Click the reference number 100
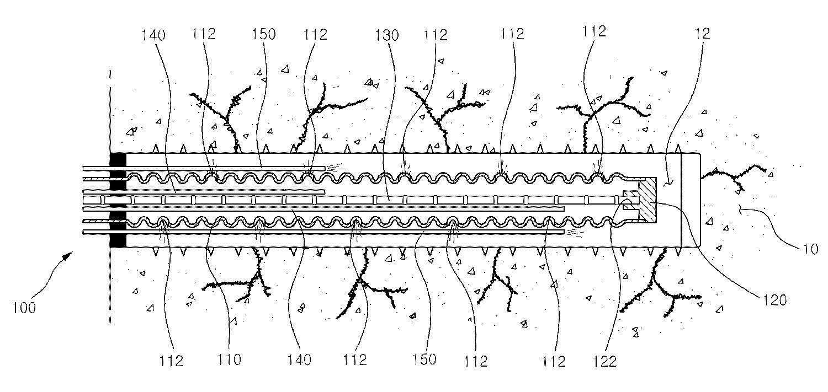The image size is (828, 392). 24,307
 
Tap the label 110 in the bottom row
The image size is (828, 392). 230,360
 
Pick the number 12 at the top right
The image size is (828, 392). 703,33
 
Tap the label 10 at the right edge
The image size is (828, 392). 810,248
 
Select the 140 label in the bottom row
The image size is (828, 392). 299,360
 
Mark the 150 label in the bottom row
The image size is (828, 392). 424,360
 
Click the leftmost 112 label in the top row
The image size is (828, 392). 204,34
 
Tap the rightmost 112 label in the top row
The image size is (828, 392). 594,32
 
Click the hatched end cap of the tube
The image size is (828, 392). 646,200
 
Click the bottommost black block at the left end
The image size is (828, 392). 118,241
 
